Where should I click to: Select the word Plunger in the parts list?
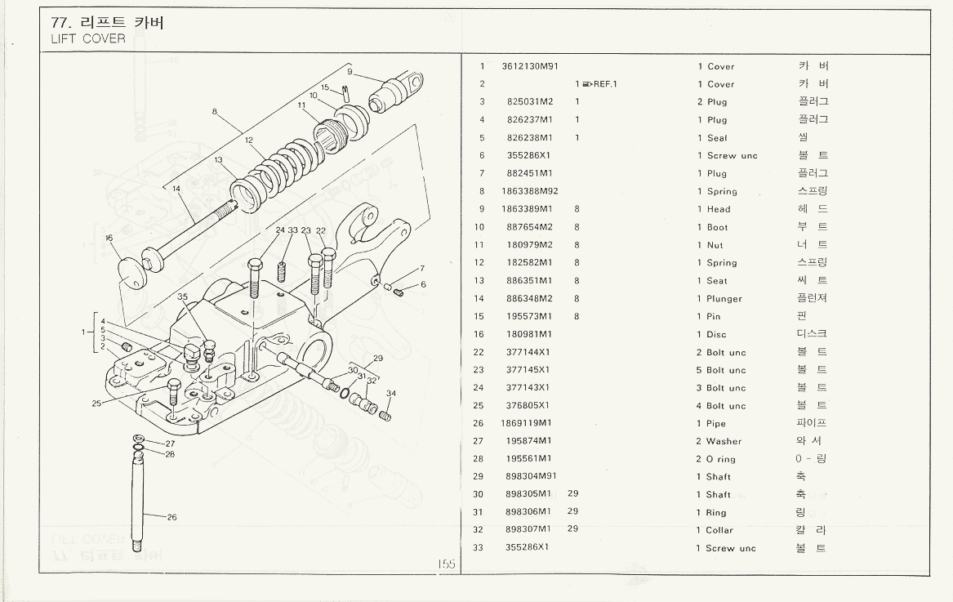click(x=724, y=299)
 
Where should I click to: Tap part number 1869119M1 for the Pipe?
click(x=527, y=423)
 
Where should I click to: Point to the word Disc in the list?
click(x=718, y=334)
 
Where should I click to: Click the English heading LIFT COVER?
click(x=88, y=39)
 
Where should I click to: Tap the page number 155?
click(x=446, y=564)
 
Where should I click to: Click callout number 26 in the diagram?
click(x=172, y=517)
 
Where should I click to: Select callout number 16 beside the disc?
click(x=109, y=239)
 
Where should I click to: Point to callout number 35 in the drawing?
click(x=182, y=297)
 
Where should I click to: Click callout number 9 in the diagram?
click(x=349, y=71)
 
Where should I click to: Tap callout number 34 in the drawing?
click(x=391, y=394)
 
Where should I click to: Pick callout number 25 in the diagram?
click(x=96, y=403)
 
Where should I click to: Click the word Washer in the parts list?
click(x=724, y=441)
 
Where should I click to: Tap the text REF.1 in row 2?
click(x=605, y=84)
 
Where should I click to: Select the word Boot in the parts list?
click(x=718, y=227)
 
